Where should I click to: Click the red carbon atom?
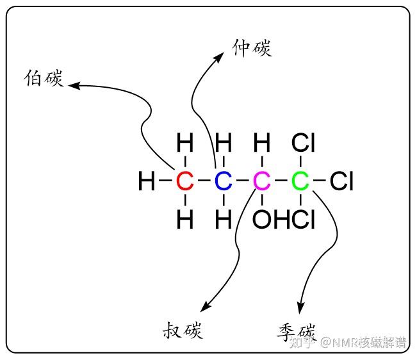pos(185,181)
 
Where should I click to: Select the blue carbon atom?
pos(224,181)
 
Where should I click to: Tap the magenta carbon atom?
pos(262,181)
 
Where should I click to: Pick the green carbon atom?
pos(300,181)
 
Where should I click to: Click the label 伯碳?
pos(44,78)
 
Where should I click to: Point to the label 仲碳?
pos(252,48)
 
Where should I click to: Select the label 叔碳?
pos(183,330)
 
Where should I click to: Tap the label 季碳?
pos(297,332)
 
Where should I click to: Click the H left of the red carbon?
pos(147,181)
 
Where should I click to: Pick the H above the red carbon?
pos(185,142)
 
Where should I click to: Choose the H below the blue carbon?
pos(224,219)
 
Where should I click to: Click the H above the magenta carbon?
pos(262,142)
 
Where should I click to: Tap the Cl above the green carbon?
pos(303,142)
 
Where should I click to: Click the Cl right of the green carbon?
pos(341,181)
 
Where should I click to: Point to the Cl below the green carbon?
pos(303,219)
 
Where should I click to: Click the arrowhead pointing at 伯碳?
pos(74,85)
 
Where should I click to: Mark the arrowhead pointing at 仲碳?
pos(219,57)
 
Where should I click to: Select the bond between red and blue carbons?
pos(204,181)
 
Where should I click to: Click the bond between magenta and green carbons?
pos(281,181)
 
